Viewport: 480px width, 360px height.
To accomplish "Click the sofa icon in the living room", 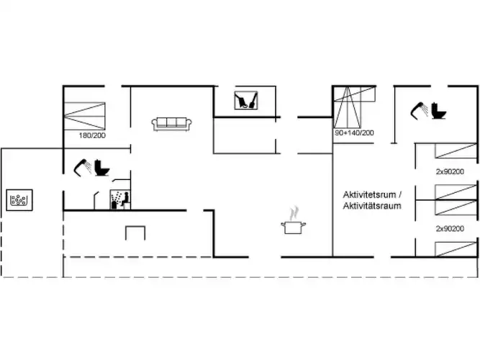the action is coord(172,125).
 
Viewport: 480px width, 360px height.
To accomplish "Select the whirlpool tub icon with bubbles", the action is coord(19,200).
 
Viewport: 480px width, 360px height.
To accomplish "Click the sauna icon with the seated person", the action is coord(120,199).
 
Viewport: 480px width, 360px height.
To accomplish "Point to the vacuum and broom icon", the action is coord(246,100).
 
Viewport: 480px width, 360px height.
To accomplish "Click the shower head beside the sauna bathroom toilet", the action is coord(83,167).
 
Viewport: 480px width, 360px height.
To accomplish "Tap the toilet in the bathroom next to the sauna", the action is coord(101,168).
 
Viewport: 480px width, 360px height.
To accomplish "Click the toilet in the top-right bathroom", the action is coord(438,111).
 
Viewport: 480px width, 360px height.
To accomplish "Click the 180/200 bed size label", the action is coord(92,135).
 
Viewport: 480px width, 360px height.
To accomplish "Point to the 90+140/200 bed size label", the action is coord(354,133).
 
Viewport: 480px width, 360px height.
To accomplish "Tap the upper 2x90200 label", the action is coord(450,171).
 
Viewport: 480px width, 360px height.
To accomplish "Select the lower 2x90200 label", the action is coord(450,228).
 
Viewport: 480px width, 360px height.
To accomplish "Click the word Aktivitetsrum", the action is coord(369,194).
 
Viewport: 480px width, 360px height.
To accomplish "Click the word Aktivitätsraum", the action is coord(372,206).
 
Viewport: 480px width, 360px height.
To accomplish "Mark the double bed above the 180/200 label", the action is coord(84,116).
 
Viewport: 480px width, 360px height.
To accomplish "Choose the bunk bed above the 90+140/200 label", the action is coord(354,107).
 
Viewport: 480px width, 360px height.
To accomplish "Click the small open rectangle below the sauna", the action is coord(135,233).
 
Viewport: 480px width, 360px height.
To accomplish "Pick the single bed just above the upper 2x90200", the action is coord(456,150).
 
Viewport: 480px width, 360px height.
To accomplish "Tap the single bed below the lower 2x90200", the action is coord(456,249).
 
